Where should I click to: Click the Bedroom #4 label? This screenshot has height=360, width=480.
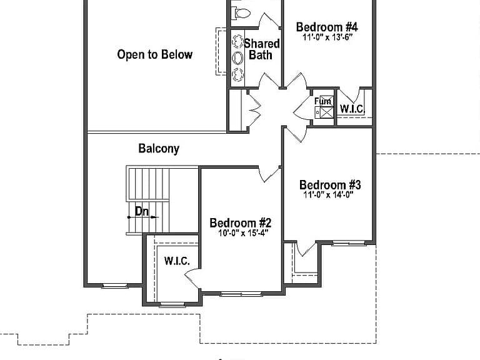[x=327, y=27]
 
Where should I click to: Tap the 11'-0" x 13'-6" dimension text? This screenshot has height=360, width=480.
[x=328, y=37]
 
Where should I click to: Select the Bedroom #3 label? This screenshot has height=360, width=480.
[x=330, y=185]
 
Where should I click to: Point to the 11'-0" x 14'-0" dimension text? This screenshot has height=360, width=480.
[x=329, y=195]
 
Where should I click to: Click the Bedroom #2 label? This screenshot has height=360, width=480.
[x=240, y=223]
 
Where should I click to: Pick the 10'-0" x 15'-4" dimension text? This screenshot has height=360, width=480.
[x=243, y=233]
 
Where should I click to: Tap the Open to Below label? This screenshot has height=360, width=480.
[x=154, y=54]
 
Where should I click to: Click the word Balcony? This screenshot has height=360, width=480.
[x=159, y=149]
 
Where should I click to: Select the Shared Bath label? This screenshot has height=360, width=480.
[x=262, y=49]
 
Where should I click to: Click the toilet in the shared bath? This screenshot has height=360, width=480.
[x=242, y=13]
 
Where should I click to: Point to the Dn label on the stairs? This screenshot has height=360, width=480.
[x=142, y=211]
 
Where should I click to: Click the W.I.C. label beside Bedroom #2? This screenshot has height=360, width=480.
[x=177, y=261]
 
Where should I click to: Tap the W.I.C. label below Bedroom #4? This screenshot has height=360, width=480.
[x=352, y=109]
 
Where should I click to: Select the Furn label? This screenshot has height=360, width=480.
[x=322, y=101]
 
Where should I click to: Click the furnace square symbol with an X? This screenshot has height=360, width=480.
[x=326, y=112]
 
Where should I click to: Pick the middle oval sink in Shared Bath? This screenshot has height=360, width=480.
[x=237, y=58]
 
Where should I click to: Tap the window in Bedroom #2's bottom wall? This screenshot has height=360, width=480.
[x=241, y=294]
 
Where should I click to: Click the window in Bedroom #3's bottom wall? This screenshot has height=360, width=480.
[x=349, y=243]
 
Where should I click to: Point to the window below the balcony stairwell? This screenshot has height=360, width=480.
[x=115, y=286]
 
